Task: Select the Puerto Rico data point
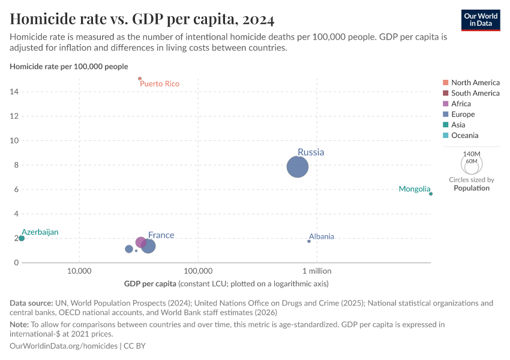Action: (x=140, y=79)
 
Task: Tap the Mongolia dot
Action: (x=431, y=194)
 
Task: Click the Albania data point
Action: (x=309, y=241)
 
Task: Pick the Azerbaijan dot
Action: (x=22, y=238)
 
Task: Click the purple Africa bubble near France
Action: (x=141, y=242)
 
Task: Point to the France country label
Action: (x=161, y=235)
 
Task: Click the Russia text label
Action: (x=310, y=152)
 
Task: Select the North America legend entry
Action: (x=475, y=82)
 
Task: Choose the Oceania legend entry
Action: (x=465, y=136)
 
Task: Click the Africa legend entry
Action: (x=461, y=104)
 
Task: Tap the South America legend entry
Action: (x=475, y=93)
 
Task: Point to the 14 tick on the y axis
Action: (x=14, y=92)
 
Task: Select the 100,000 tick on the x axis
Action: (x=198, y=271)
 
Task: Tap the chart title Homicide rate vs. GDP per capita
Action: (x=142, y=20)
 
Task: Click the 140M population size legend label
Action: (x=471, y=154)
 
